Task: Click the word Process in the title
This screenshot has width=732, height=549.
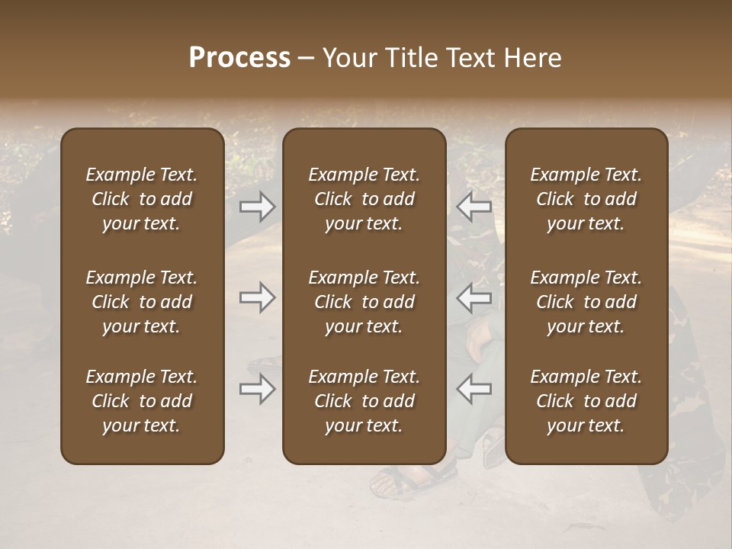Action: click(x=239, y=58)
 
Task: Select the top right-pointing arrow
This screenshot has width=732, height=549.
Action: click(x=257, y=207)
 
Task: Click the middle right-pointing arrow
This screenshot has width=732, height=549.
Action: click(x=257, y=297)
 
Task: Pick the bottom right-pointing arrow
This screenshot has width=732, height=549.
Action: click(x=257, y=390)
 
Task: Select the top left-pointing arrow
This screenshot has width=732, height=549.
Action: click(x=474, y=207)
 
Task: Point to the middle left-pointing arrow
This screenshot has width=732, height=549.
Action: click(x=474, y=297)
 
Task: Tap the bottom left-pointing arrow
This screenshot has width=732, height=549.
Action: click(x=474, y=390)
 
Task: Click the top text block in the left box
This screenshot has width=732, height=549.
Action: click(x=142, y=199)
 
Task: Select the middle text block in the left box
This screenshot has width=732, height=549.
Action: click(x=142, y=302)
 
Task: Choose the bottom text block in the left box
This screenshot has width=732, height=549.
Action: click(x=142, y=401)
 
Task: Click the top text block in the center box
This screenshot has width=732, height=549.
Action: click(x=364, y=199)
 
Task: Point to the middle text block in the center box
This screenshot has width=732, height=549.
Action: click(x=364, y=302)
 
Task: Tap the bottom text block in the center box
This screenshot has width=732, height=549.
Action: click(x=364, y=401)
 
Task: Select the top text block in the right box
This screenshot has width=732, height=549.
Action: click(x=586, y=199)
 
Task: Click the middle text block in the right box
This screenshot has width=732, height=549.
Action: click(x=586, y=302)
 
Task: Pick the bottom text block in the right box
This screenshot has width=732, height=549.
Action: click(x=586, y=401)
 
